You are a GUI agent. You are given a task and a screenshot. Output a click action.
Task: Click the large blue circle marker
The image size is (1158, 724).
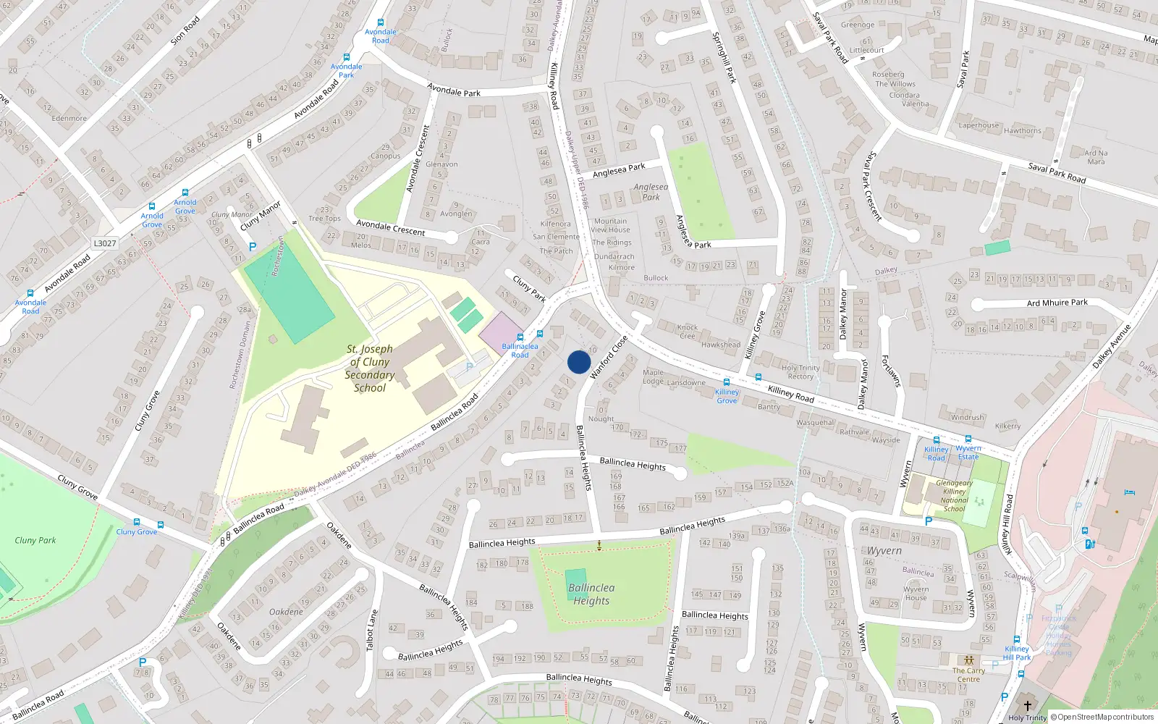click(x=579, y=362)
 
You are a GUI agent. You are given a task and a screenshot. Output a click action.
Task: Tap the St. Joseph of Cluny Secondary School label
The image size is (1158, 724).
click(x=370, y=369)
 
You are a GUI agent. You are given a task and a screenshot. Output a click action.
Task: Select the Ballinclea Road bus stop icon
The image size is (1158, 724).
click(x=539, y=334)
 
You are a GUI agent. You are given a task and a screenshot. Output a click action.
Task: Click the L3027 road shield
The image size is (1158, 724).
click(x=105, y=243)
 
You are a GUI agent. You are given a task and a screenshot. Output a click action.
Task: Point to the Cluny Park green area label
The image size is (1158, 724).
click(x=35, y=540)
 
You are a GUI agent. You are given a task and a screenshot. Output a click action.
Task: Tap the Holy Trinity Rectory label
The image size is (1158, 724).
click(x=800, y=372)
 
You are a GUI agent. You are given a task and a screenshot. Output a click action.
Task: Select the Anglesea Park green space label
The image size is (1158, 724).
click(x=651, y=192)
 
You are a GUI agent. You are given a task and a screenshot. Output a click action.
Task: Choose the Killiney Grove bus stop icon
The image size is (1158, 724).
click(x=727, y=382)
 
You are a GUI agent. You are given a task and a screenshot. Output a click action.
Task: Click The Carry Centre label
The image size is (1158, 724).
click(x=968, y=675)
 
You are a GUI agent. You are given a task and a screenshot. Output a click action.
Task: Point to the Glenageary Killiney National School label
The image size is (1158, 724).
click(x=954, y=496)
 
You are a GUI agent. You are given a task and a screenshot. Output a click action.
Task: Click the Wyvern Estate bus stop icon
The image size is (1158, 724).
click(x=968, y=439)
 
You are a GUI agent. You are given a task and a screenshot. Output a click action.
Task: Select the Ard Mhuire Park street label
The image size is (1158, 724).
click(x=1057, y=303)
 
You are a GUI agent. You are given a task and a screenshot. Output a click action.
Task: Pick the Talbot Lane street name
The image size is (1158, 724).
click(x=371, y=629)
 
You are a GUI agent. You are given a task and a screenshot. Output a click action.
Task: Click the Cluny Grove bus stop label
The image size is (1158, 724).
click(x=137, y=532)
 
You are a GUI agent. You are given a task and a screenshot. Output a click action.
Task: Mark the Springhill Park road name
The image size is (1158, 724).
click(x=724, y=57)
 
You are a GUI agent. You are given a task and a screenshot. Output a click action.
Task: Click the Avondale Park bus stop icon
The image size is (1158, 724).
click(x=347, y=57)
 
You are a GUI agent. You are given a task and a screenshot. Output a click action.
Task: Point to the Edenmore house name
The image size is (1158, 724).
click(x=69, y=118)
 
